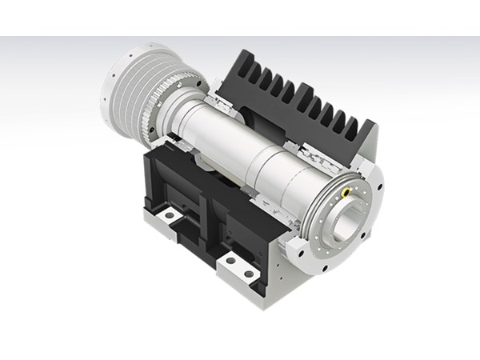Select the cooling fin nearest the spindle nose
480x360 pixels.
352,128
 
